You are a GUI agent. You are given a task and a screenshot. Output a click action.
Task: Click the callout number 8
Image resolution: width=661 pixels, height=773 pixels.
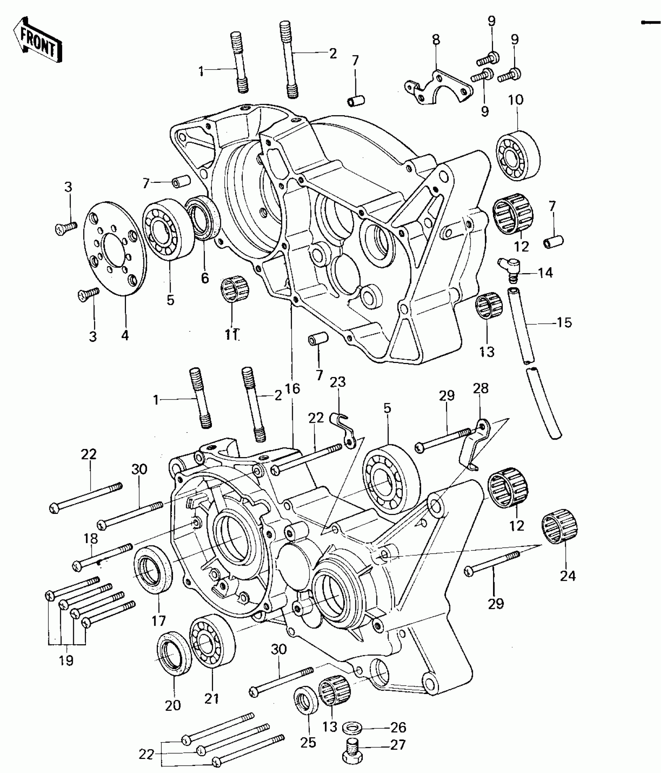pos(436,39)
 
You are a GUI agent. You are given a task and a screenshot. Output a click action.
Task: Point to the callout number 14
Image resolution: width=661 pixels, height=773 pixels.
pos(546,273)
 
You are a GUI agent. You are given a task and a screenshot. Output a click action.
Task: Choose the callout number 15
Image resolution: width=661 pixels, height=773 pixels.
pos(564,323)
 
